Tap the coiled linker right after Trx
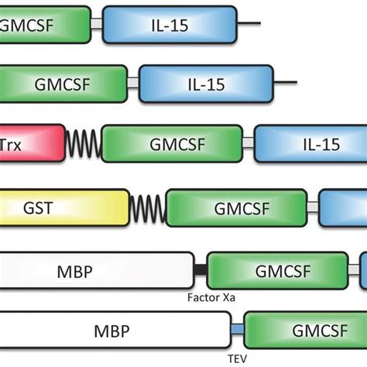point(84,144)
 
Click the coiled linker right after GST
point(147,208)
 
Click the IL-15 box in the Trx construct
point(310,143)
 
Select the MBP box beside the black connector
point(97,271)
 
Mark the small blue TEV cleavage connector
point(237,331)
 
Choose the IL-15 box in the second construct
point(206,82)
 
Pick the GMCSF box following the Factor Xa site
point(276,271)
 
